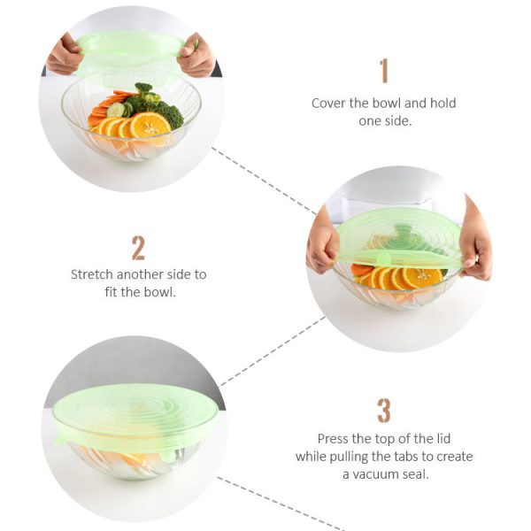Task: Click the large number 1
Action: coord(383,71)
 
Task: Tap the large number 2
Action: coord(138,247)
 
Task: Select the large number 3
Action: coord(383,411)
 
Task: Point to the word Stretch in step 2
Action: coord(94,274)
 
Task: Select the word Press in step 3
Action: coord(334,438)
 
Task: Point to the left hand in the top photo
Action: coord(64,56)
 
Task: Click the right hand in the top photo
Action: coord(196,58)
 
